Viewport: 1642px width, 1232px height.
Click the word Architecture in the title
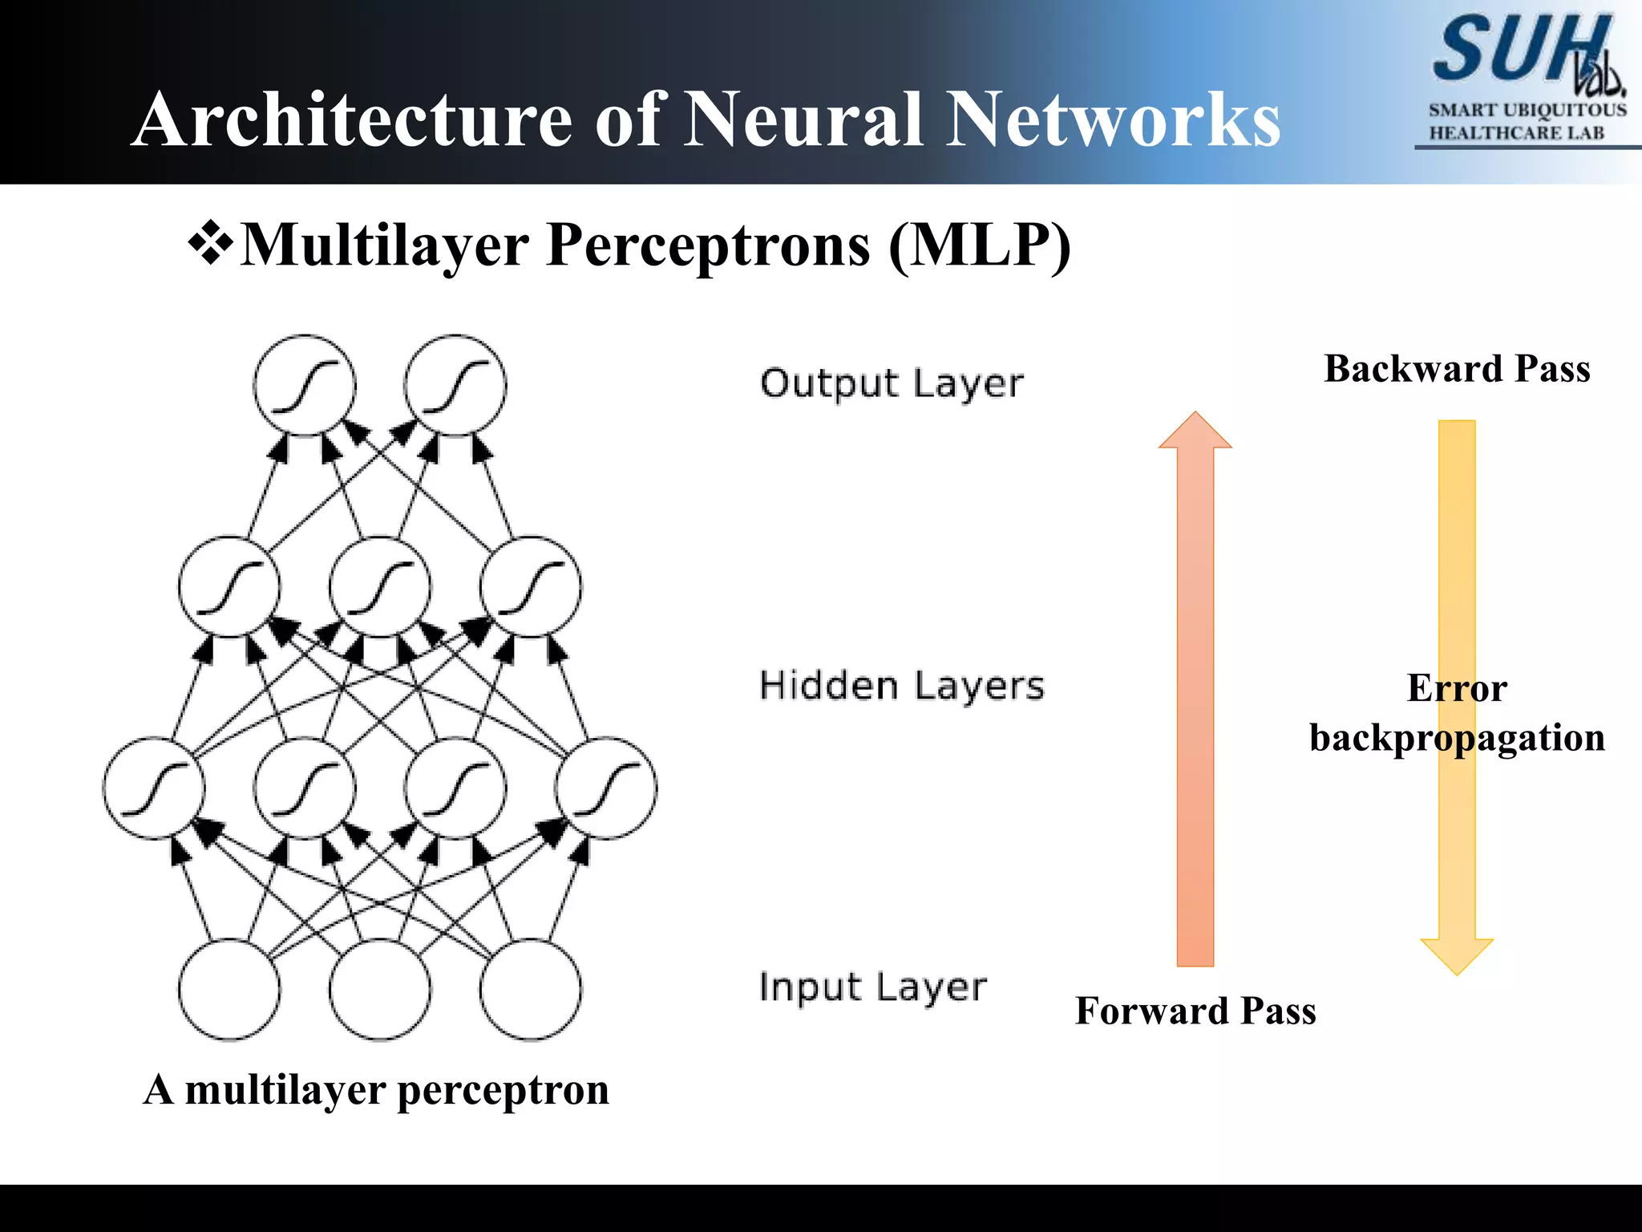tap(353, 120)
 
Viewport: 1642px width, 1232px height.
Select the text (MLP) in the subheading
tap(980, 245)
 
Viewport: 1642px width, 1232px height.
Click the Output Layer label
tap(892, 384)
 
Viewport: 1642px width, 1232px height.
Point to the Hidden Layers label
tap(902, 687)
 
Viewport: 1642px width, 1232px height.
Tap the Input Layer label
tap(872, 987)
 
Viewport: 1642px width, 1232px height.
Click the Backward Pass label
tap(1457, 369)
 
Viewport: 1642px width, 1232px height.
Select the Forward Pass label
tap(1195, 1011)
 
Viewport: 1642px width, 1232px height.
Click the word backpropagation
tap(1457, 738)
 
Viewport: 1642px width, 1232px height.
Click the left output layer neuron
tap(305, 386)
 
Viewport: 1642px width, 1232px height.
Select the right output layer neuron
tap(455, 386)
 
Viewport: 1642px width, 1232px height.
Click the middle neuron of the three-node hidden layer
tap(380, 588)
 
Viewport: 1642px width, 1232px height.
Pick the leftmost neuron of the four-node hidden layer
tap(153, 788)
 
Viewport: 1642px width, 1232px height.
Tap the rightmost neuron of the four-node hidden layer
tap(606, 788)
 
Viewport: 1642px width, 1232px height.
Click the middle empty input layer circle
tap(380, 991)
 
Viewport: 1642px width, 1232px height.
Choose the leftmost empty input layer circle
tap(229, 991)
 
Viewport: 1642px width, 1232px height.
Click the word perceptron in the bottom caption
tap(503, 1091)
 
